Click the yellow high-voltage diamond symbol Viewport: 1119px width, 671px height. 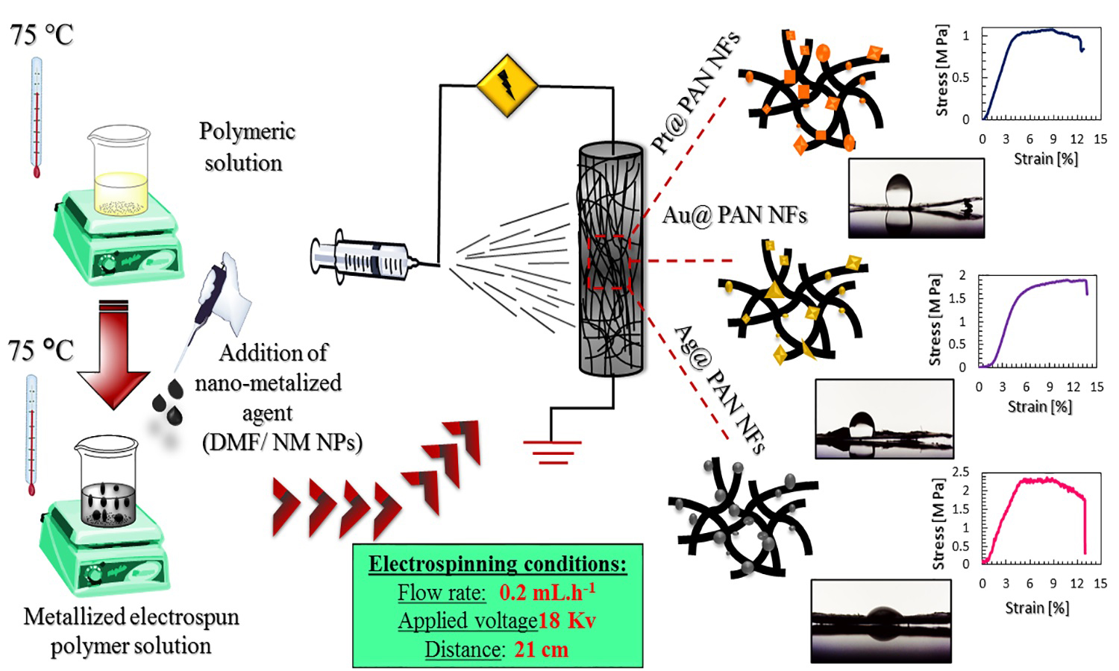(507, 85)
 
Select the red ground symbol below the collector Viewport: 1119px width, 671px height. (552, 452)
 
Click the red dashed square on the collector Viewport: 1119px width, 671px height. (609, 262)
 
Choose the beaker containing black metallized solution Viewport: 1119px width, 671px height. (107, 484)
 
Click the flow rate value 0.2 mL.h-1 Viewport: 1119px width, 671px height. (548, 593)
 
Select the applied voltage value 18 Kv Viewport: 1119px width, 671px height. (567, 620)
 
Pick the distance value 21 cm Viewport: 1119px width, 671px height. (542, 649)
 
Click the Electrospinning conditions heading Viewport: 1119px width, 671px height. (498, 564)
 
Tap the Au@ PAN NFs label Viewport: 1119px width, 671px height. (735, 215)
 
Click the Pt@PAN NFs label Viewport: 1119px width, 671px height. (695, 93)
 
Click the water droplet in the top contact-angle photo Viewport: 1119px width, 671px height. (900, 191)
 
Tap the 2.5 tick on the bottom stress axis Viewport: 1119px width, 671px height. (960, 472)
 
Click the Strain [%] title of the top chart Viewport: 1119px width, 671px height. (1046, 159)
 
